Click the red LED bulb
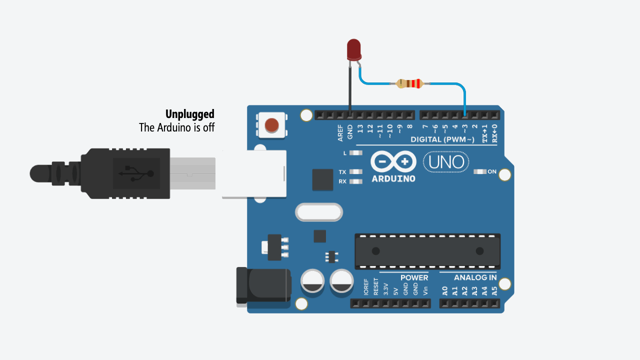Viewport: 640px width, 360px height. coord(354,50)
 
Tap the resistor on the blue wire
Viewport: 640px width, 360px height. coord(410,83)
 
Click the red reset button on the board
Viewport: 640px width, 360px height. coord(271,125)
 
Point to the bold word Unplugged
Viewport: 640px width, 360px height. coord(189,114)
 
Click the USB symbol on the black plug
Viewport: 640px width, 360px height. coord(136,173)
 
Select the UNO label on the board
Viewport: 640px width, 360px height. coord(446,162)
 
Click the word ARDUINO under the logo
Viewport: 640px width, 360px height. coord(393,178)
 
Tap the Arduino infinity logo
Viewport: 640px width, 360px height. coord(393,161)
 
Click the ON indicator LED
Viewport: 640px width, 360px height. coord(479,171)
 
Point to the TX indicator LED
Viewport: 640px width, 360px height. coord(355,171)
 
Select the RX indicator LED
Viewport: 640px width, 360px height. coord(355,181)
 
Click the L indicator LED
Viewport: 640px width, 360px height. coord(355,153)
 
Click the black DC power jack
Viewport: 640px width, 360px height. coord(263,285)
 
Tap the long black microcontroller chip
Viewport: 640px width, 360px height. coord(427,251)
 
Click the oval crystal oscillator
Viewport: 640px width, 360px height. coord(319,212)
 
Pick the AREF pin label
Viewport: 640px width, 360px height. coord(340,133)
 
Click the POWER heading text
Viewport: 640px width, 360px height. coord(414,277)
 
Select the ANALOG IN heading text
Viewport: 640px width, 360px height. coord(475,277)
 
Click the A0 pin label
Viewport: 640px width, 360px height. coord(445,291)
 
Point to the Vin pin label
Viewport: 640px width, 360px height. coord(425,291)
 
